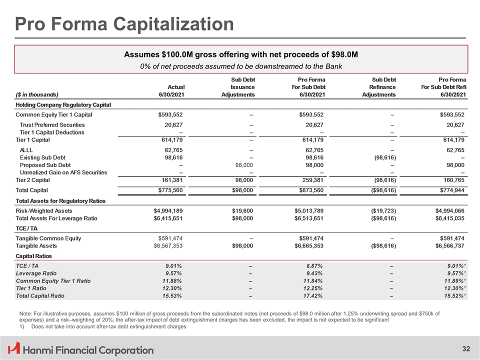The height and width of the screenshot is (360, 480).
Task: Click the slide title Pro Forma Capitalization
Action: [x=124, y=24]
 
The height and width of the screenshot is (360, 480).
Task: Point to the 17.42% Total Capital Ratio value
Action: [x=314, y=296]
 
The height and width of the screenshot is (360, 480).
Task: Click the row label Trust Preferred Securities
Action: [x=52, y=124]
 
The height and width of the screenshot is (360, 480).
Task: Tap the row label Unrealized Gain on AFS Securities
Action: [x=63, y=172]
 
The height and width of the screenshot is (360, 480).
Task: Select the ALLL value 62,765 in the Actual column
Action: [x=170, y=148]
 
